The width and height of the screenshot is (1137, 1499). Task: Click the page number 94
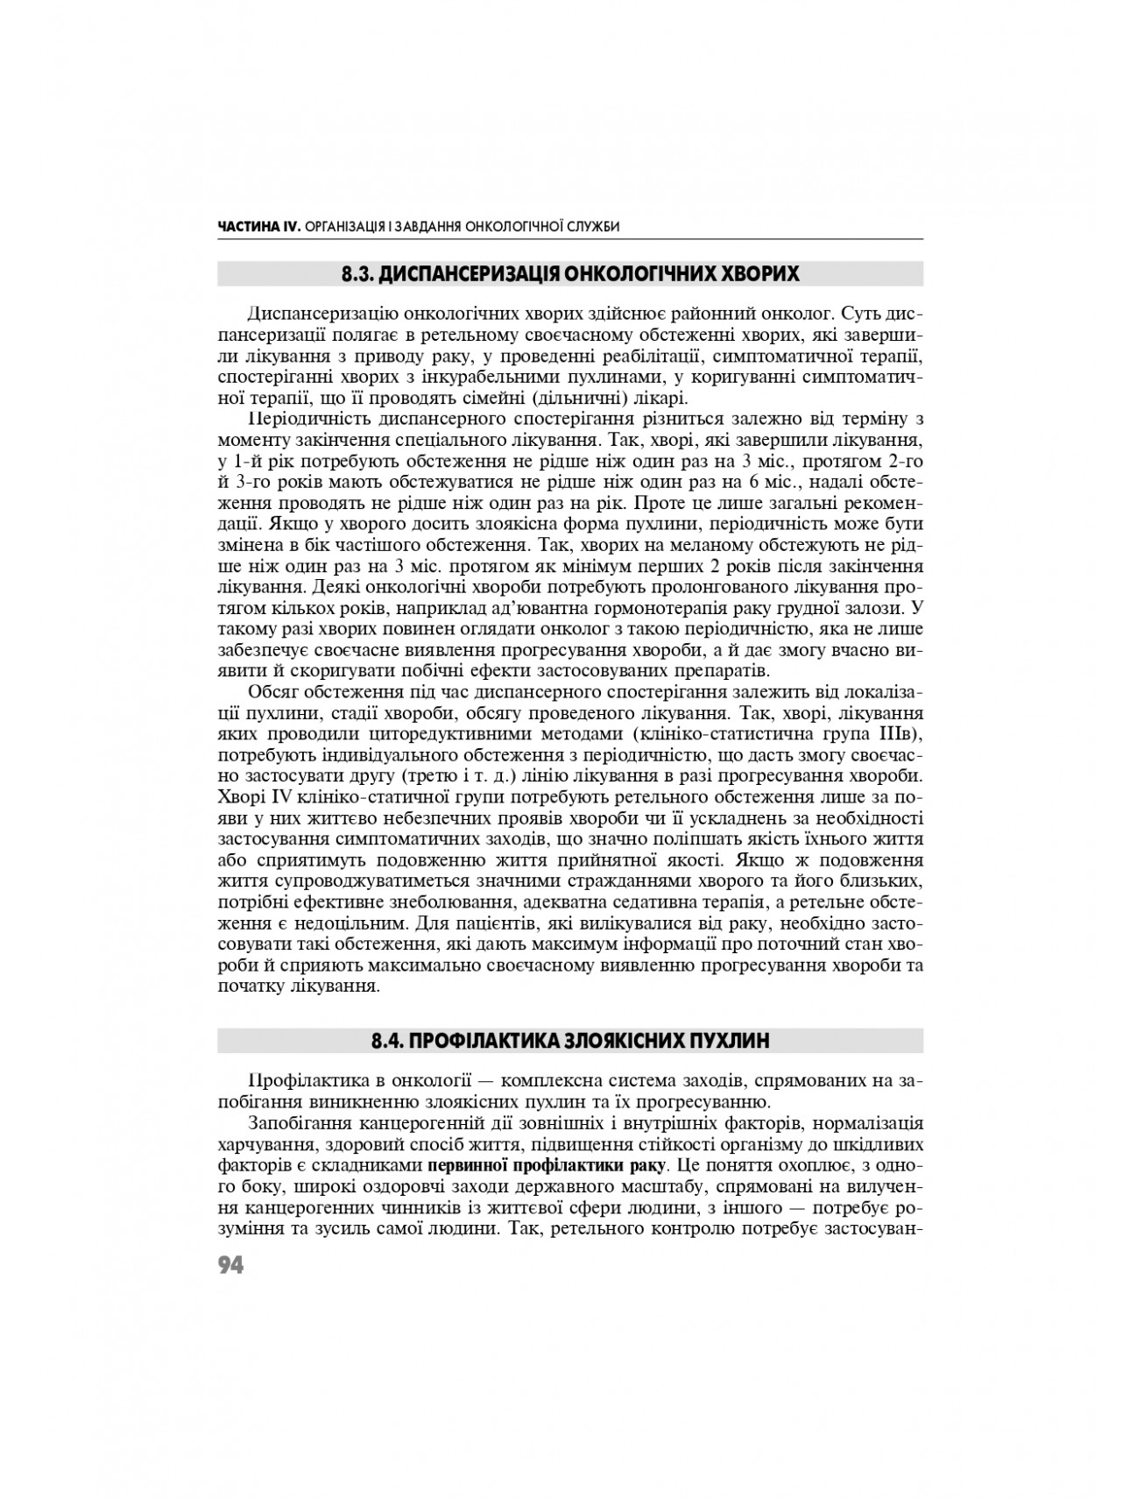coord(230,1266)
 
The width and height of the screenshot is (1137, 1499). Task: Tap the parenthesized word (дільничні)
coord(615,396)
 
